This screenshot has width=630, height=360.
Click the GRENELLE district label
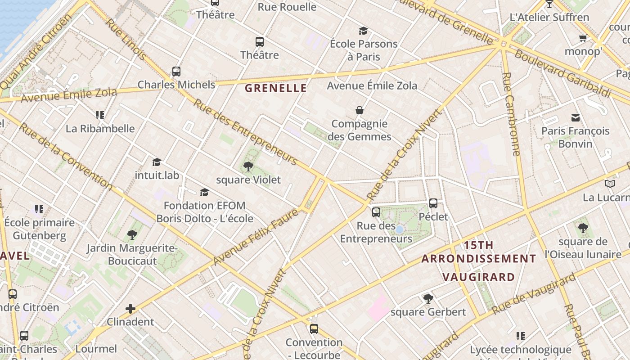[276, 88]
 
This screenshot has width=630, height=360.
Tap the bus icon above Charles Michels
[176, 72]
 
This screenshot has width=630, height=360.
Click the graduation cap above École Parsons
[363, 31]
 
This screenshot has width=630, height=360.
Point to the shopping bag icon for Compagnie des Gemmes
[360, 110]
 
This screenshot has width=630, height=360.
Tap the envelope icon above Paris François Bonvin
[575, 118]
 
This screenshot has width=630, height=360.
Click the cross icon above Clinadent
[130, 309]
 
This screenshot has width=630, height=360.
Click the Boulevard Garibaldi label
[562, 74]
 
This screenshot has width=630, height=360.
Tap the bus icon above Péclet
[433, 203]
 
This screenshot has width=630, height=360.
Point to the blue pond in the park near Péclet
[399, 229]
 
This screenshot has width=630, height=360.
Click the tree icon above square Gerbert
[428, 298]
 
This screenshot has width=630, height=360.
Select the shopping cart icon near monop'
[583, 38]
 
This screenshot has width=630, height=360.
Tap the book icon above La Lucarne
[610, 184]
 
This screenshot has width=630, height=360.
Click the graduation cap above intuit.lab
[157, 162]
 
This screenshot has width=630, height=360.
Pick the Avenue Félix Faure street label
[256, 237]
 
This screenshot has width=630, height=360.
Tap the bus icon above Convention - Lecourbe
[314, 329]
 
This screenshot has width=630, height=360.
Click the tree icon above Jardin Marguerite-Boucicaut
[132, 234]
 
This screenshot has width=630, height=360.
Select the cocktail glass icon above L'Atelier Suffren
[549, 4]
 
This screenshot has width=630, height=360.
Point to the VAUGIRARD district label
[478, 277]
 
